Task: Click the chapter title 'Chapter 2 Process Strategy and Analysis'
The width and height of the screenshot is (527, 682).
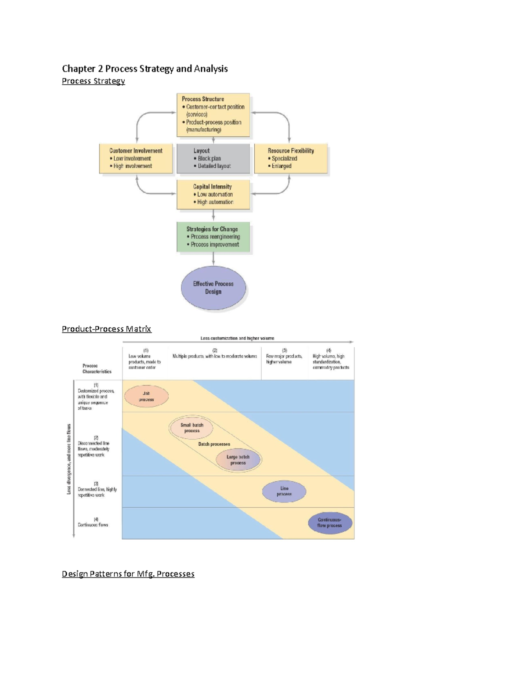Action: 144,69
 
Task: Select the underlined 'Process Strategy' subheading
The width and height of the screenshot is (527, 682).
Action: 93,81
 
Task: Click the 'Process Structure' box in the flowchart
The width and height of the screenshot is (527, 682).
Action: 213,115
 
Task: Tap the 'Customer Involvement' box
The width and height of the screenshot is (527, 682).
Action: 136,158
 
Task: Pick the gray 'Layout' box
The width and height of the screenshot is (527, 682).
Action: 213,158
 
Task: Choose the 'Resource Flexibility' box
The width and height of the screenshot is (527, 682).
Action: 291,158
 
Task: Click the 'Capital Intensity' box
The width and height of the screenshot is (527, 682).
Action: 213,194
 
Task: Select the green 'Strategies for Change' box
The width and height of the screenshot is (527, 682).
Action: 213,237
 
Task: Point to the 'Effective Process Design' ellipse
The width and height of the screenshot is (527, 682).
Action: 213,288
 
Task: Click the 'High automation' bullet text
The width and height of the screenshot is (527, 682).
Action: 215,202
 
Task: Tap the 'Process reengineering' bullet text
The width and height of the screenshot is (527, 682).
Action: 215,237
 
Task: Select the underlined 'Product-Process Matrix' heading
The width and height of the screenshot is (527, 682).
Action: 106,329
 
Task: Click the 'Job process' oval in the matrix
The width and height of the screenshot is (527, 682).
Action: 146,397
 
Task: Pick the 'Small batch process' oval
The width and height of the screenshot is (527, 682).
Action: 192,428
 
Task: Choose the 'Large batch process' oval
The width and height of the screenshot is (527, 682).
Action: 238,460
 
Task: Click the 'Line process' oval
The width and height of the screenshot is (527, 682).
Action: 284,491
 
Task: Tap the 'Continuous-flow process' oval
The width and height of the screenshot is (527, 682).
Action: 330,523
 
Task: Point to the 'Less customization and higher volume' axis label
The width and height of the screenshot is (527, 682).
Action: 237,338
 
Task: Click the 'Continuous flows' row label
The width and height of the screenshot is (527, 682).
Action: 93,525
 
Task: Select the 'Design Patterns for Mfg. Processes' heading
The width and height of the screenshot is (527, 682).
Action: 128,574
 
